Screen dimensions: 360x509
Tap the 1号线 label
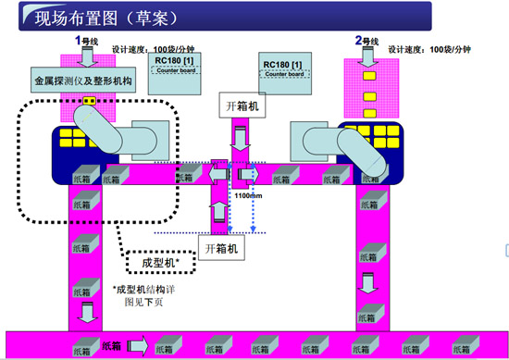(84, 40)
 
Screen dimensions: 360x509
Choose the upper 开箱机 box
(239, 106)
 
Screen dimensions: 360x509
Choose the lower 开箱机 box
(219, 247)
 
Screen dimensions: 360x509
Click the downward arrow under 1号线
(84, 57)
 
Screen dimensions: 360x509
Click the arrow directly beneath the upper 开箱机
(239, 142)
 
